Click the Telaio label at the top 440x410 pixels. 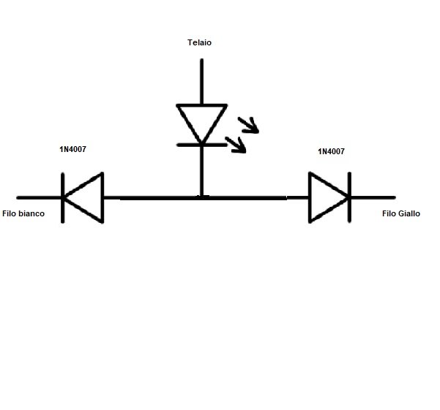200,43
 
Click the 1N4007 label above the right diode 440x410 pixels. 331,151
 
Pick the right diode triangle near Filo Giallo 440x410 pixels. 324,197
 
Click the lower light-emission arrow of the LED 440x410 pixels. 237,145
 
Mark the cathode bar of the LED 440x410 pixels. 201,144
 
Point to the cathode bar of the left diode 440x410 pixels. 62,197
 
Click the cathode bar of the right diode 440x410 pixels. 348,197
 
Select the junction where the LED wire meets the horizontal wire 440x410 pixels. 201,197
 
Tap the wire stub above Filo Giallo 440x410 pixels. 373,197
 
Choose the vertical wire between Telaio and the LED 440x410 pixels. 201,80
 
